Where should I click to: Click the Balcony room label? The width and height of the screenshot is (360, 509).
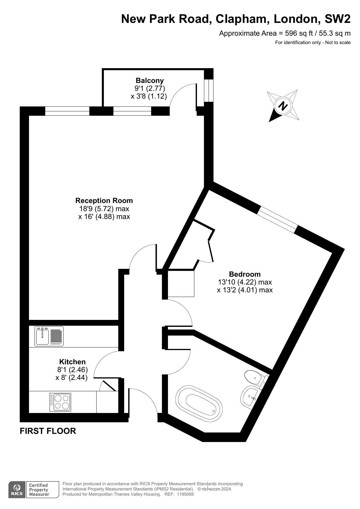150,80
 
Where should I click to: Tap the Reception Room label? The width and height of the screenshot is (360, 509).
104,200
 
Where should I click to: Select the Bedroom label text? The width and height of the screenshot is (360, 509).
245,274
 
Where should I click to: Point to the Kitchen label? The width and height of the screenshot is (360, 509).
73,362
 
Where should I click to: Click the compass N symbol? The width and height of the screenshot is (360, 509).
283,106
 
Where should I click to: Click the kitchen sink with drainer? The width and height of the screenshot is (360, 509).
49,336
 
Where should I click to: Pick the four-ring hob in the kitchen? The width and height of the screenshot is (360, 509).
60,402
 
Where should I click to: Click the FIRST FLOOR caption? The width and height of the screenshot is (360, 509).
48,431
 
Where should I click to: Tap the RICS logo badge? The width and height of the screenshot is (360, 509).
17,490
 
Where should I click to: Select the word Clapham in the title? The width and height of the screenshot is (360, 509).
241,19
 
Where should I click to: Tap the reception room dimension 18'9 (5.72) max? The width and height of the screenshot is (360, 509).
104,209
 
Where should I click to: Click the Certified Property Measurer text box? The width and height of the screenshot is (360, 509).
42,490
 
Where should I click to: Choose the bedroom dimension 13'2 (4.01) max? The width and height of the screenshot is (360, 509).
245,290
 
